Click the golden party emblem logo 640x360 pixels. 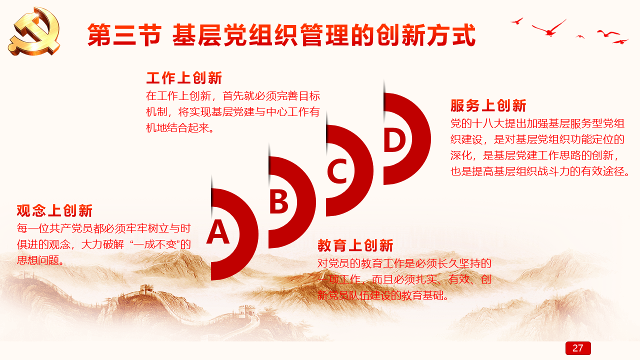tap(34, 31)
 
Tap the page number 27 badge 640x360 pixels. tap(578, 348)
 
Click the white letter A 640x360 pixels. tap(217, 231)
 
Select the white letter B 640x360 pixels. tap(278, 202)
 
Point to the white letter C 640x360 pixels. tap(337, 170)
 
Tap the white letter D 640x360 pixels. tap(394, 139)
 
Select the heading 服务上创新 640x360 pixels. tap(488, 105)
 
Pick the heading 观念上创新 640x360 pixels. tap(54, 210)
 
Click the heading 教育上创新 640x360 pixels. tap(355, 245)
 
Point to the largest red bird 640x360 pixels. tap(549, 28)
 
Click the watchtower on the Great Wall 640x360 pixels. tap(146, 289)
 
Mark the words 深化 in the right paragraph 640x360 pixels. tap(461, 155)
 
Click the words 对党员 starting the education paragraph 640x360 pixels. tap(333, 263)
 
